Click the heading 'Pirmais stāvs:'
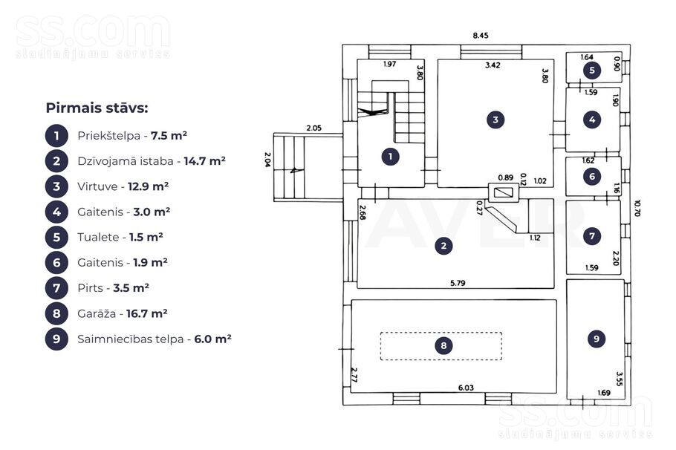click(97, 108)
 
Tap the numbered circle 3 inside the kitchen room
click(495, 120)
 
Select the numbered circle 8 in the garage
click(443, 345)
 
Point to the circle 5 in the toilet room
click(592, 71)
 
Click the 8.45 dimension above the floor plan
click(481, 36)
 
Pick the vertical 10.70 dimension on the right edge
click(637, 208)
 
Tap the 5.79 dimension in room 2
click(458, 283)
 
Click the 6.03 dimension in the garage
click(466, 388)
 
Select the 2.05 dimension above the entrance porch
click(313, 128)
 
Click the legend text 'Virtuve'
click(97, 186)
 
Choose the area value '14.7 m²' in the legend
click(205, 161)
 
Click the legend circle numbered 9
click(56, 339)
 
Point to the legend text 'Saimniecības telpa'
click(131, 339)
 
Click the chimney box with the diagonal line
click(503, 192)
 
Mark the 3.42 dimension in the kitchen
click(493, 65)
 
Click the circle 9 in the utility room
click(597, 339)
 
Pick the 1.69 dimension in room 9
click(603, 393)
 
